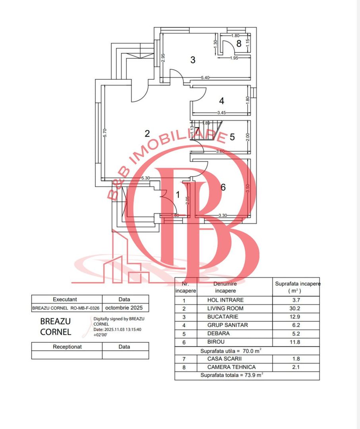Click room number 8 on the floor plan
[239, 43]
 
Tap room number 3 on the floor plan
[193, 60]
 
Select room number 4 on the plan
[221, 101]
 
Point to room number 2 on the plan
[147, 133]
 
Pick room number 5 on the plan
[232, 137]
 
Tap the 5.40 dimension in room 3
[205, 77]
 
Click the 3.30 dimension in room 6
[223, 215]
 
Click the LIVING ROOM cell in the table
[225, 308]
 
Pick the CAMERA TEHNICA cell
[231, 367]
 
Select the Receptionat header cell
[67, 346]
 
